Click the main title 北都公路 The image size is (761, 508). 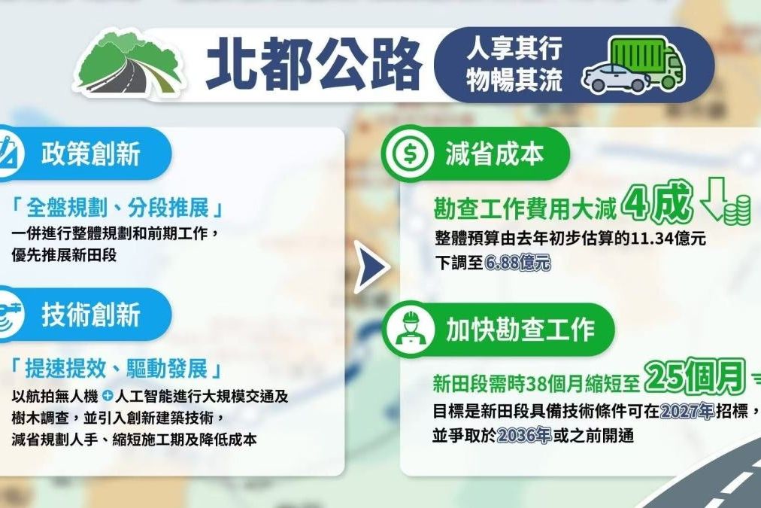[313, 65]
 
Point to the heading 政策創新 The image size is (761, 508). [91, 154]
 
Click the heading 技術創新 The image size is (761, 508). [91, 314]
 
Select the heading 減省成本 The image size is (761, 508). [494, 154]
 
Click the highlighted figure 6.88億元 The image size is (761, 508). [517, 263]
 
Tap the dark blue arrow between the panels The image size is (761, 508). [371, 266]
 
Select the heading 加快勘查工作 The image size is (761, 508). [520, 330]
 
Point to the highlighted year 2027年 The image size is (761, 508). [687, 412]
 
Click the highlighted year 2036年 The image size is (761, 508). [523, 435]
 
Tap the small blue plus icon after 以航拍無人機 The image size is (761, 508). [107, 397]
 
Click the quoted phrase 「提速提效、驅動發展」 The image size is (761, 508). [117, 369]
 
